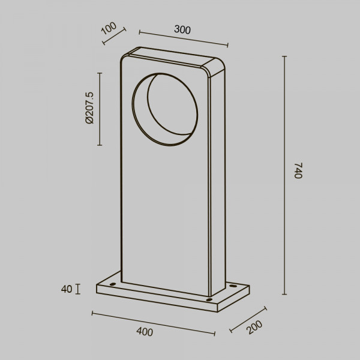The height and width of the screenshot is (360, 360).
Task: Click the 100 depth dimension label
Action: (x=109, y=28)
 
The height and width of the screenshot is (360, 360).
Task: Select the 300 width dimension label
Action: (x=182, y=29)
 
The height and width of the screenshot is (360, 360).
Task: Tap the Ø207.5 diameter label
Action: (x=89, y=108)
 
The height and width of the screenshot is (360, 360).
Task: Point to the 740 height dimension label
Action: (x=298, y=170)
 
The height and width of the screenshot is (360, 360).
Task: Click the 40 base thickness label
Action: (x=67, y=289)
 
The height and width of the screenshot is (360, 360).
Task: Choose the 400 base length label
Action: (x=145, y=332)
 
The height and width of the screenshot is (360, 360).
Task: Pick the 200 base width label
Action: (x=254, y=327)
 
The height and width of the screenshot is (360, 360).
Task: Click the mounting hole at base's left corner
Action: (x=113, y=284)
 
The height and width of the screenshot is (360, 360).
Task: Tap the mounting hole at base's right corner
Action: (x=233, y=286)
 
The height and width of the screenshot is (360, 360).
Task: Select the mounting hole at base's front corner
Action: (x=209, y=299)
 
